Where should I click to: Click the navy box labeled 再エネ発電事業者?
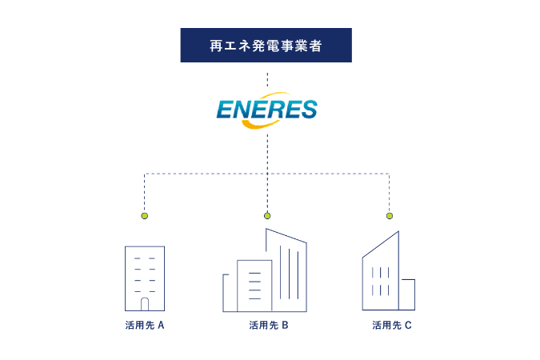click(266, 45)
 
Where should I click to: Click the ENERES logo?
click(267, 110)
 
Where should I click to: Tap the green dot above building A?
click(145, 216)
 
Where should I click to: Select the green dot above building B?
click(267, 216)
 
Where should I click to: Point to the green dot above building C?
click(390, 216)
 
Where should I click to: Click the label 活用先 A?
click(145, 326)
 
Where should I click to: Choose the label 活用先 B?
click(269, 326)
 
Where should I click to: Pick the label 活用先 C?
click(392, 326)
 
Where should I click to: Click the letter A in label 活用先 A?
click(161, 326)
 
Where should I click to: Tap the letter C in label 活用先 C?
click(408, 326)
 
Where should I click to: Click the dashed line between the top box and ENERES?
click(267, 79)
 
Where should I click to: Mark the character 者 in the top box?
click(315, 46)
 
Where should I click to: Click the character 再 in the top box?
click(216, 46)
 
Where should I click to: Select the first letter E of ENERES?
click(226, 110)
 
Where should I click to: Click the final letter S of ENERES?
click(308, 110)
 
